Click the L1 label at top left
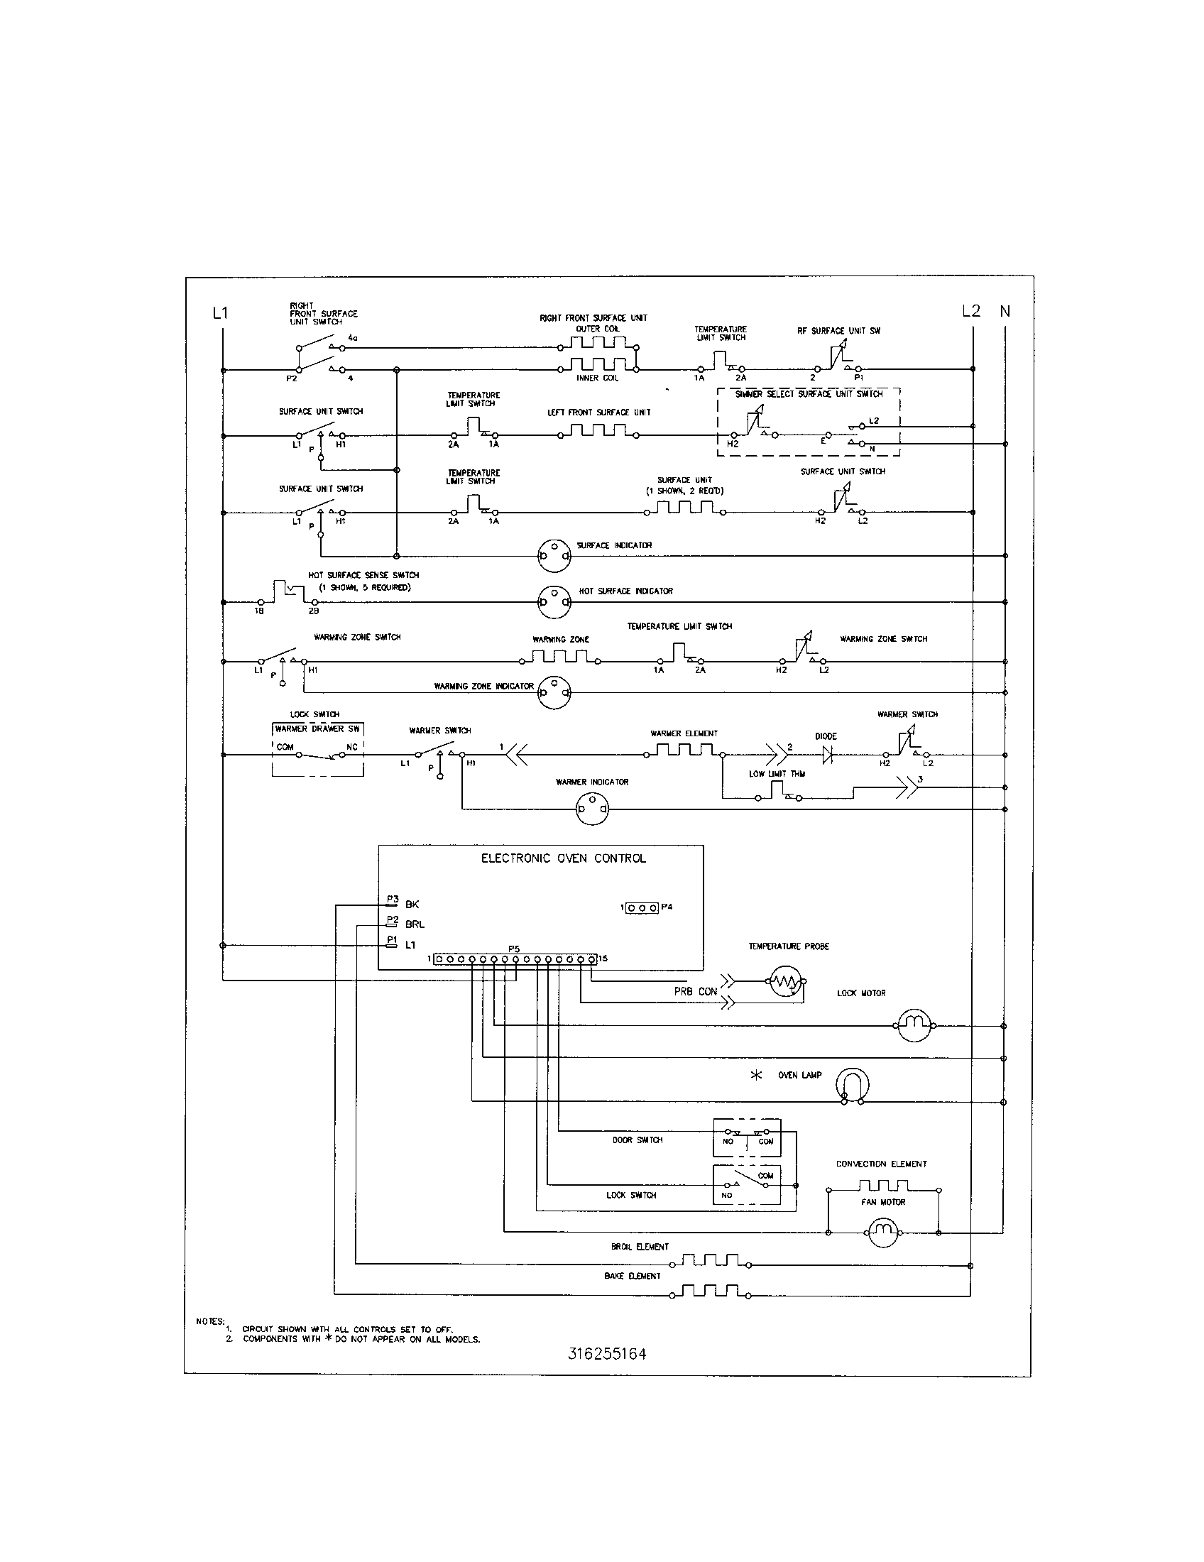tap(220, 312)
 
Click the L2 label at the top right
tap(971, 311)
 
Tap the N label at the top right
tap(1005, 311)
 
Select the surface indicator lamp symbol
tap(556, 556)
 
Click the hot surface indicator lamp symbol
tap(556, 602)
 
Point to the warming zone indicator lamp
tap(556, 692)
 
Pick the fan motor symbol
tap(884, 1233)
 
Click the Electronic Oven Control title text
tap(564, 858)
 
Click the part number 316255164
tap(608, 1354)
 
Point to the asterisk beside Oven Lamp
tap(757, 1075)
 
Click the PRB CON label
tap(695, 991)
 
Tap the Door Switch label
tap(637, 1140)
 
